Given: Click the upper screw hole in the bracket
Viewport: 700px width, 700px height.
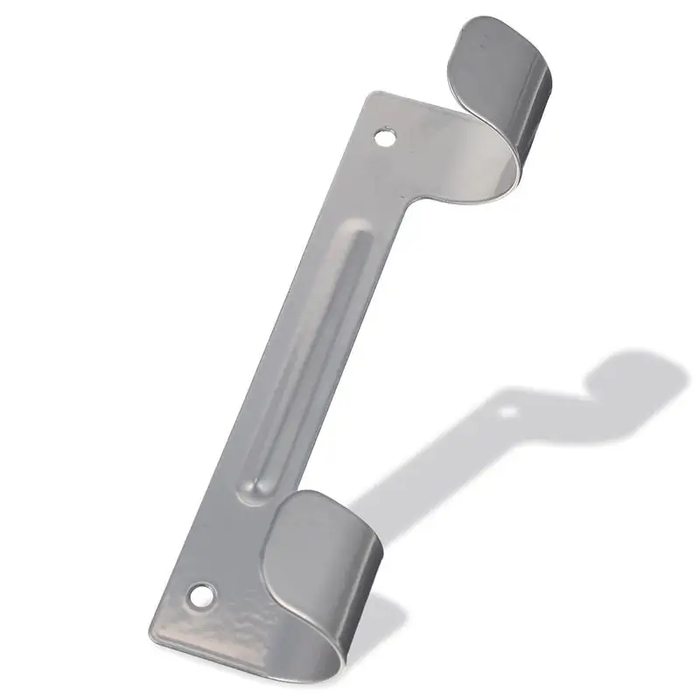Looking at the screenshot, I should pyautogui.click(x=384, y=137).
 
